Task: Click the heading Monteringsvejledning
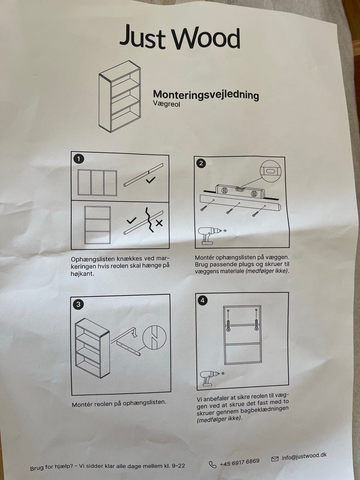point(206,95)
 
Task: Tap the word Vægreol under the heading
point(166,104)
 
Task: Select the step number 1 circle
point(79,159)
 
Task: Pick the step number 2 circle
point(201,163)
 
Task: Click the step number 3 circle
point(78,304)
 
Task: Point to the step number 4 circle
point(202,301)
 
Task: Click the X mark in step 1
point(159,223)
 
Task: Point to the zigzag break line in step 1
point(150,219)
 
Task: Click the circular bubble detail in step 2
point(270,171)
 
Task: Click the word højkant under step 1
point(82,274)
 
